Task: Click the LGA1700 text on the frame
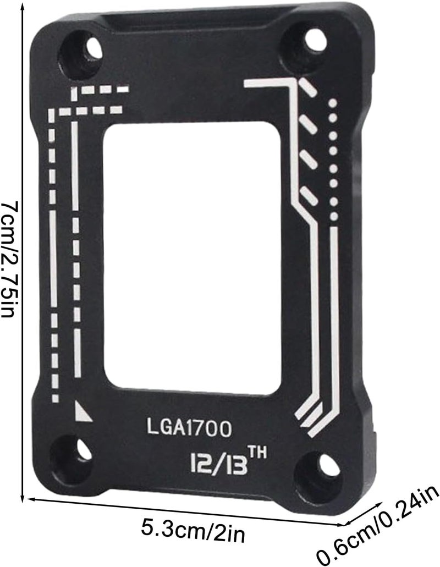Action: point(189,428)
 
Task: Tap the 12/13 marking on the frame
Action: point(219,464)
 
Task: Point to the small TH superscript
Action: point(257,453)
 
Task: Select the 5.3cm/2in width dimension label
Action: point(193,531)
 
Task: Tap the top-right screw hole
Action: point(316,38)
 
